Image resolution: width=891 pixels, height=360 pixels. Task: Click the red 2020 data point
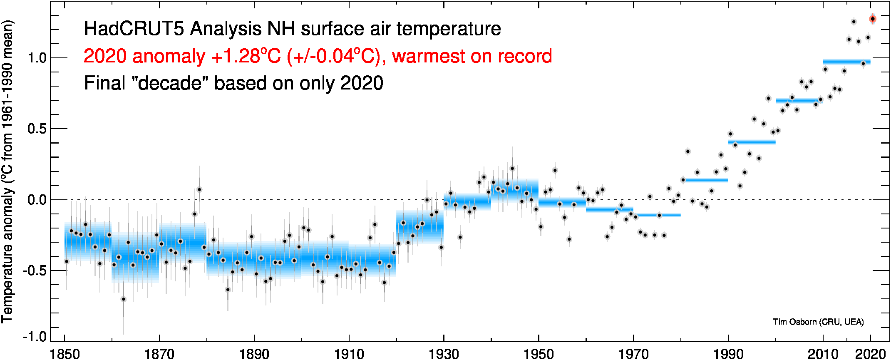(873, 19)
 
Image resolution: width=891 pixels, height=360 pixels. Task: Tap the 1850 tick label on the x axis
(65, 354)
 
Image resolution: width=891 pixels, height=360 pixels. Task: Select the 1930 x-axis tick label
(444, 354)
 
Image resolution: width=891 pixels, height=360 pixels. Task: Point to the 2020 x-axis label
(870, 354)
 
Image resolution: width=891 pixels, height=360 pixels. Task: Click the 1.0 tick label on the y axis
(37, 58)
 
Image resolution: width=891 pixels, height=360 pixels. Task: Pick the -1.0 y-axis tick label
(35, 337)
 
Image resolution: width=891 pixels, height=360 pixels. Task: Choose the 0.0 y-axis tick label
(37, 200)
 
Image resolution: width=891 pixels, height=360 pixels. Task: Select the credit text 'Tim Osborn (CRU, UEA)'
(818, 322)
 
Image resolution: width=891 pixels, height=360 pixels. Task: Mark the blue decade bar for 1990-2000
(752, 142)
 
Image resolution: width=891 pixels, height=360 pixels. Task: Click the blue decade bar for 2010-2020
(846, 62)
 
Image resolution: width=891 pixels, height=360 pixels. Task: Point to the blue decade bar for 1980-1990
(704, 180)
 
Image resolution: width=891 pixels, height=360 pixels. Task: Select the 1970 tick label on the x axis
(633, 354)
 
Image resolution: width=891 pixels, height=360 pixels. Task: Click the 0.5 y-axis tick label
(37, 129)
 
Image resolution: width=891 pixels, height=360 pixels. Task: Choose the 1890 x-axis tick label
(254, 354)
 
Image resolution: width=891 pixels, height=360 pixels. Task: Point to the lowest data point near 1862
(123, 299)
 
